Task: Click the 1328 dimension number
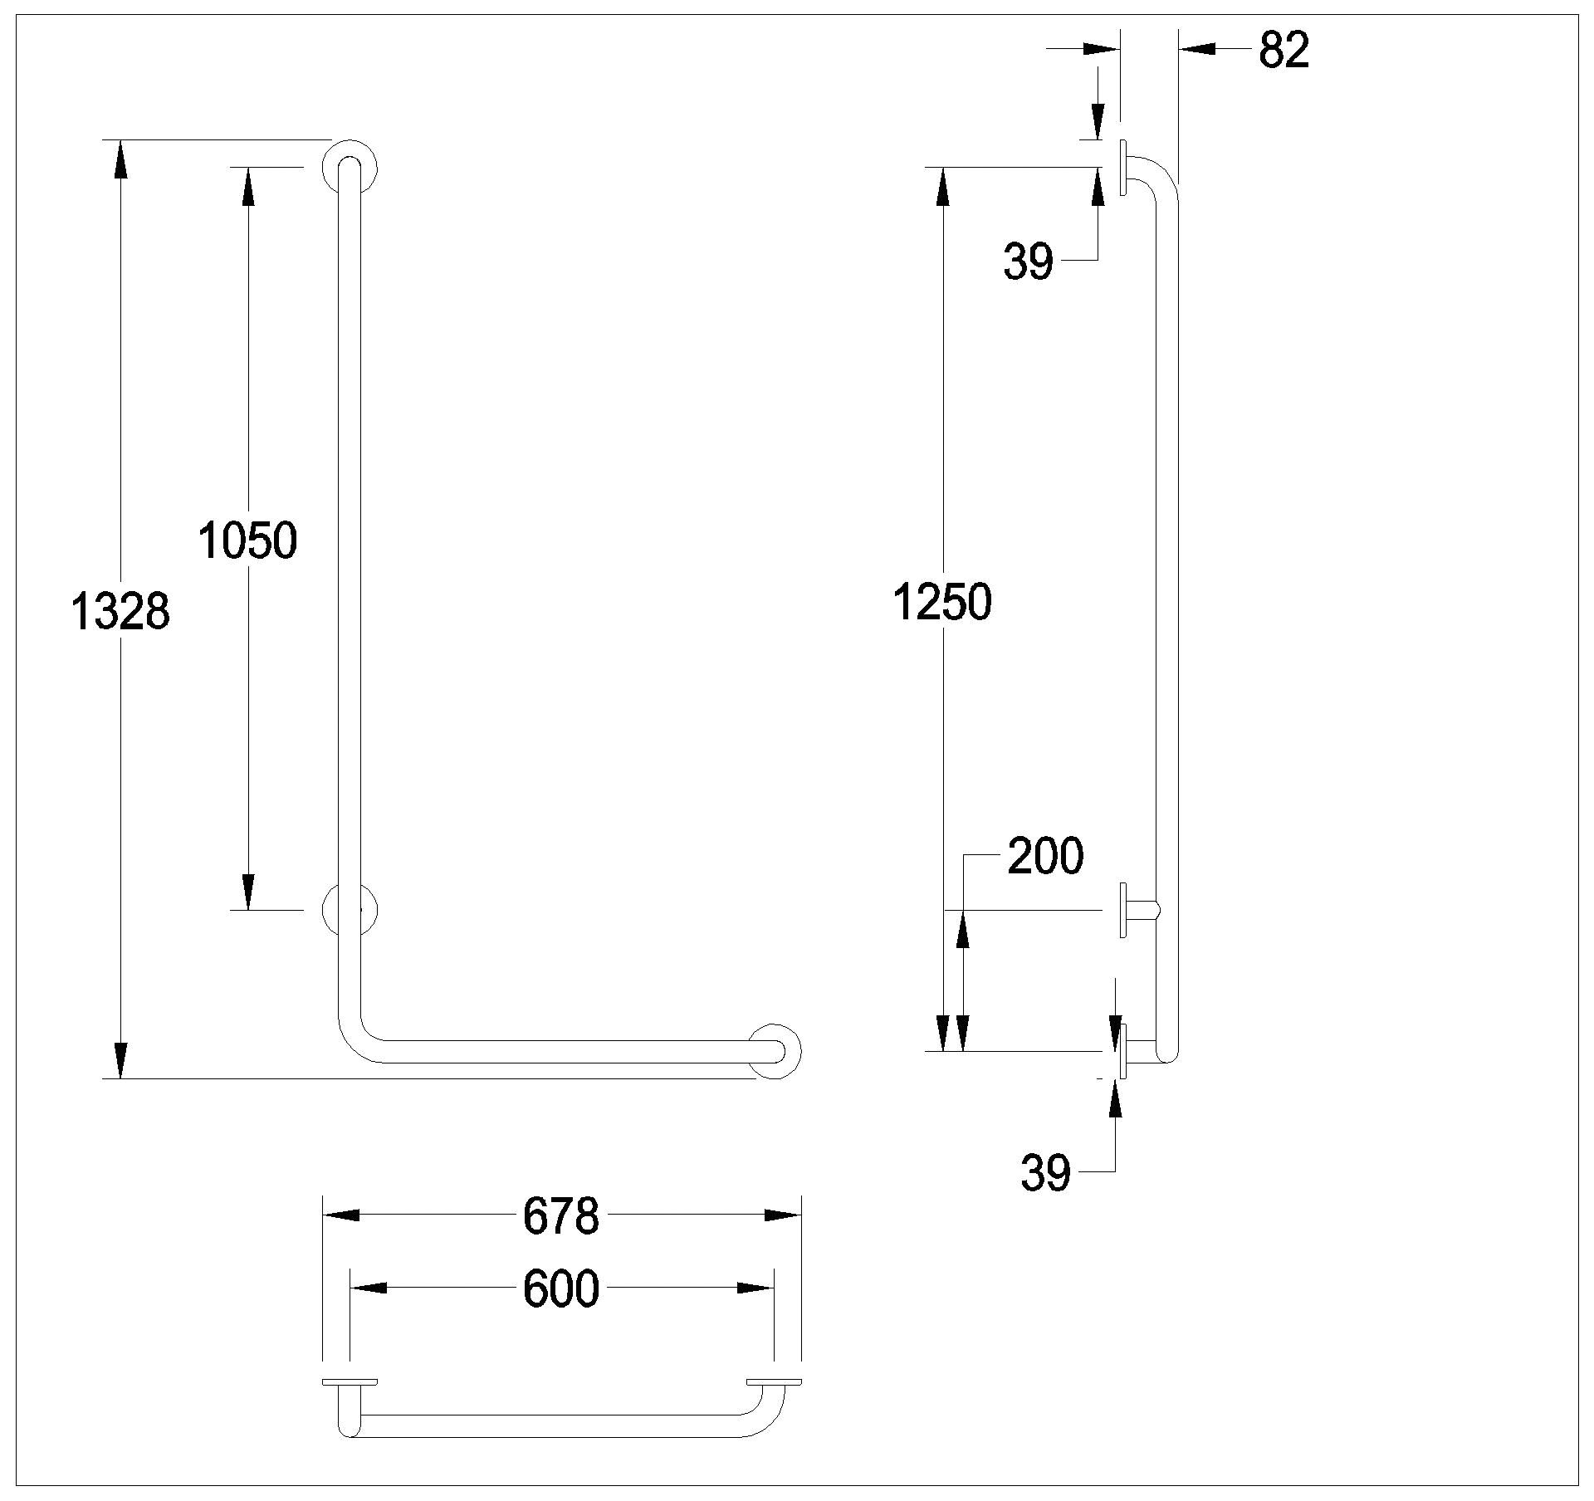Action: coord(120,613)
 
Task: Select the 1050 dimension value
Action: coord(247,540)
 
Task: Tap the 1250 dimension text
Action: coord(942,602)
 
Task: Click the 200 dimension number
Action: coord(1045,856)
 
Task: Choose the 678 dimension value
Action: coord(560,1216)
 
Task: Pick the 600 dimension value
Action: coord(560,1289)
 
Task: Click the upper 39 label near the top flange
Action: coord(1029,262)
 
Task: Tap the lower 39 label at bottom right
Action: coord(1045,1174)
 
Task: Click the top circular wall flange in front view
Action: coord(350,166)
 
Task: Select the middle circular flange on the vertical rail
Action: coord(350,910)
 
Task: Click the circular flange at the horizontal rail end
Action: coord(775,1051)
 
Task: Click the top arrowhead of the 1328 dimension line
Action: coord(121,158)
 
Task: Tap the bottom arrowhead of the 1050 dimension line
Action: coord(248,892)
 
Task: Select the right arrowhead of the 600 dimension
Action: coord(755,1288)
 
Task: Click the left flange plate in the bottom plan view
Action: coord(350,1382)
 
